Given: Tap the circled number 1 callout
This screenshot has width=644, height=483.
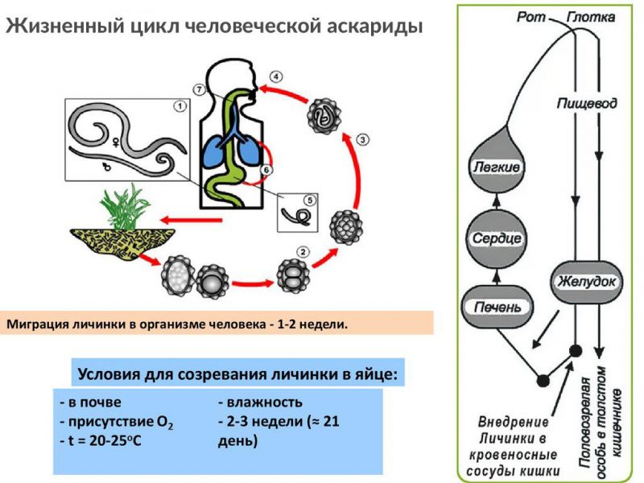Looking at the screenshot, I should tap(180, 105).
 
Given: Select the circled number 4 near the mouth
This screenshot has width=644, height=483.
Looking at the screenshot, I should tap(276, 77).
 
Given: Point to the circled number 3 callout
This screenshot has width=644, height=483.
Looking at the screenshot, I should tap(362, 139).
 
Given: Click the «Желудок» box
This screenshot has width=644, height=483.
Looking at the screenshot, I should tap(586, 283).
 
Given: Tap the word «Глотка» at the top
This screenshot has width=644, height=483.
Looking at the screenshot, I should tap(592, 16).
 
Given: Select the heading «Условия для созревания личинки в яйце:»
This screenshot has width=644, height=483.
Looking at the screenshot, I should tap(237, 374).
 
